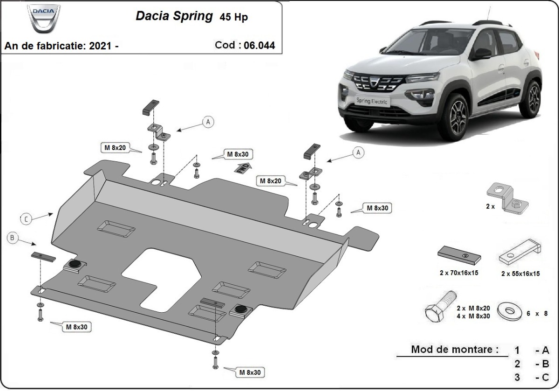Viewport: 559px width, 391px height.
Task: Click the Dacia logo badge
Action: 44,18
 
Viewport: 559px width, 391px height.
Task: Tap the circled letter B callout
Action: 13,238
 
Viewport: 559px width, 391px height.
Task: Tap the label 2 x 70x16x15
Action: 459,273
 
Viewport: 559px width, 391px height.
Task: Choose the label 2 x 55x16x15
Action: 520,274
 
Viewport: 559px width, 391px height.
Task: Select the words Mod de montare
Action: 454,349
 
